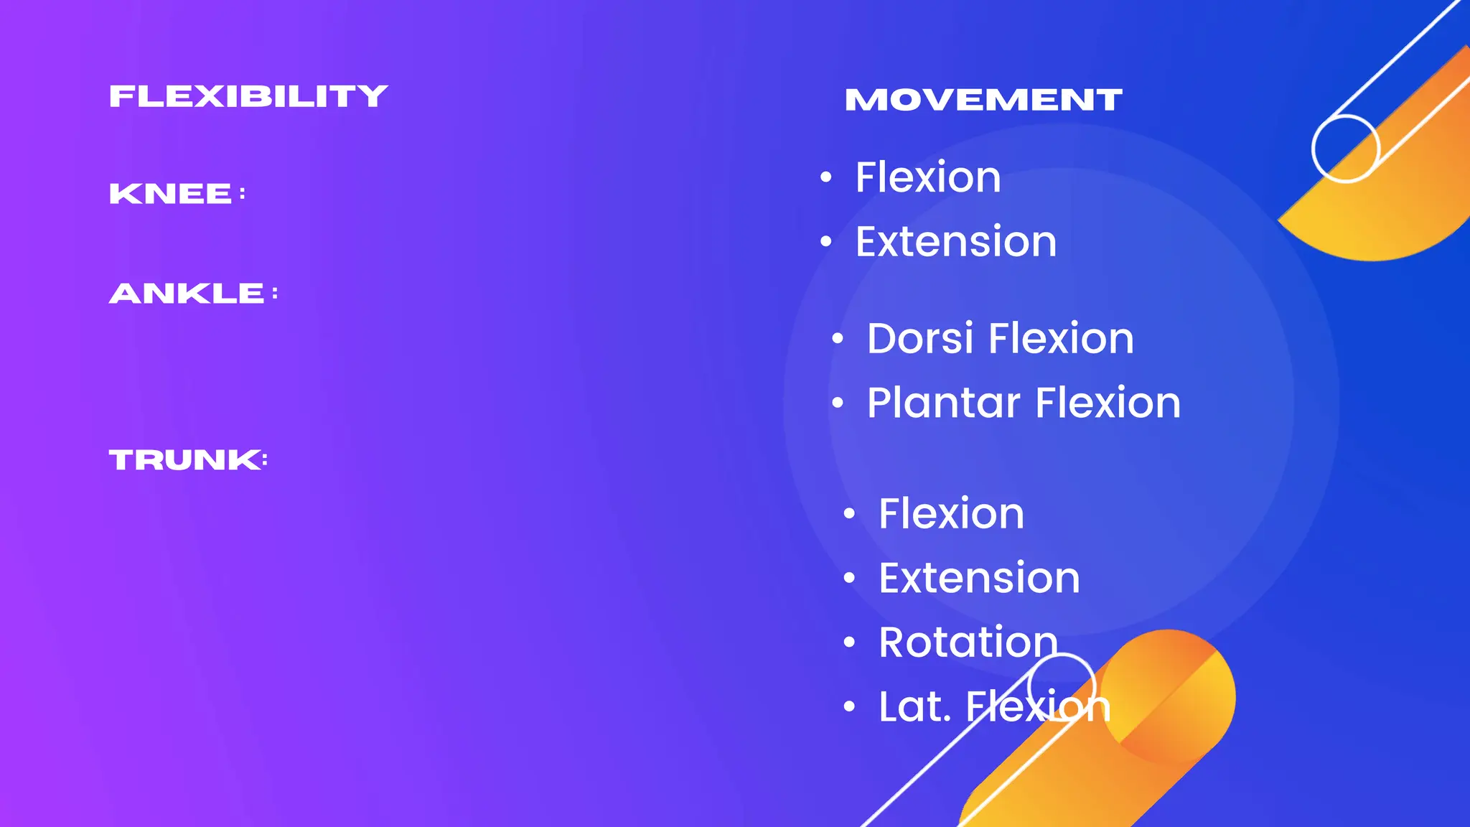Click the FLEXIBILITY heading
[x=248, y=96]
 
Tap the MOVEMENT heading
[x=983, y=100]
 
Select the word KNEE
[x=170, y=194]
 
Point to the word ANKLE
[x=187, y=294]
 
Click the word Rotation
[x=968, y=642]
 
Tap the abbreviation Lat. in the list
[x=914, y=706]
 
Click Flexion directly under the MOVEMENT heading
[x=927, y=177]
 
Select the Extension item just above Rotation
[x=979, y=578]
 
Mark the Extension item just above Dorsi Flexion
[x=955, y=241]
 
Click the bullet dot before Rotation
[x=850, y=643]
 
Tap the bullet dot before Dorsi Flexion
[x=838, y=339]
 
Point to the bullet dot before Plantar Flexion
[x=838, y=403]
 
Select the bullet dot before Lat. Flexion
[x=850, y=707]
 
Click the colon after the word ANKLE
[x=275, y=294]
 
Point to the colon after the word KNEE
[x=243, y=194]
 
